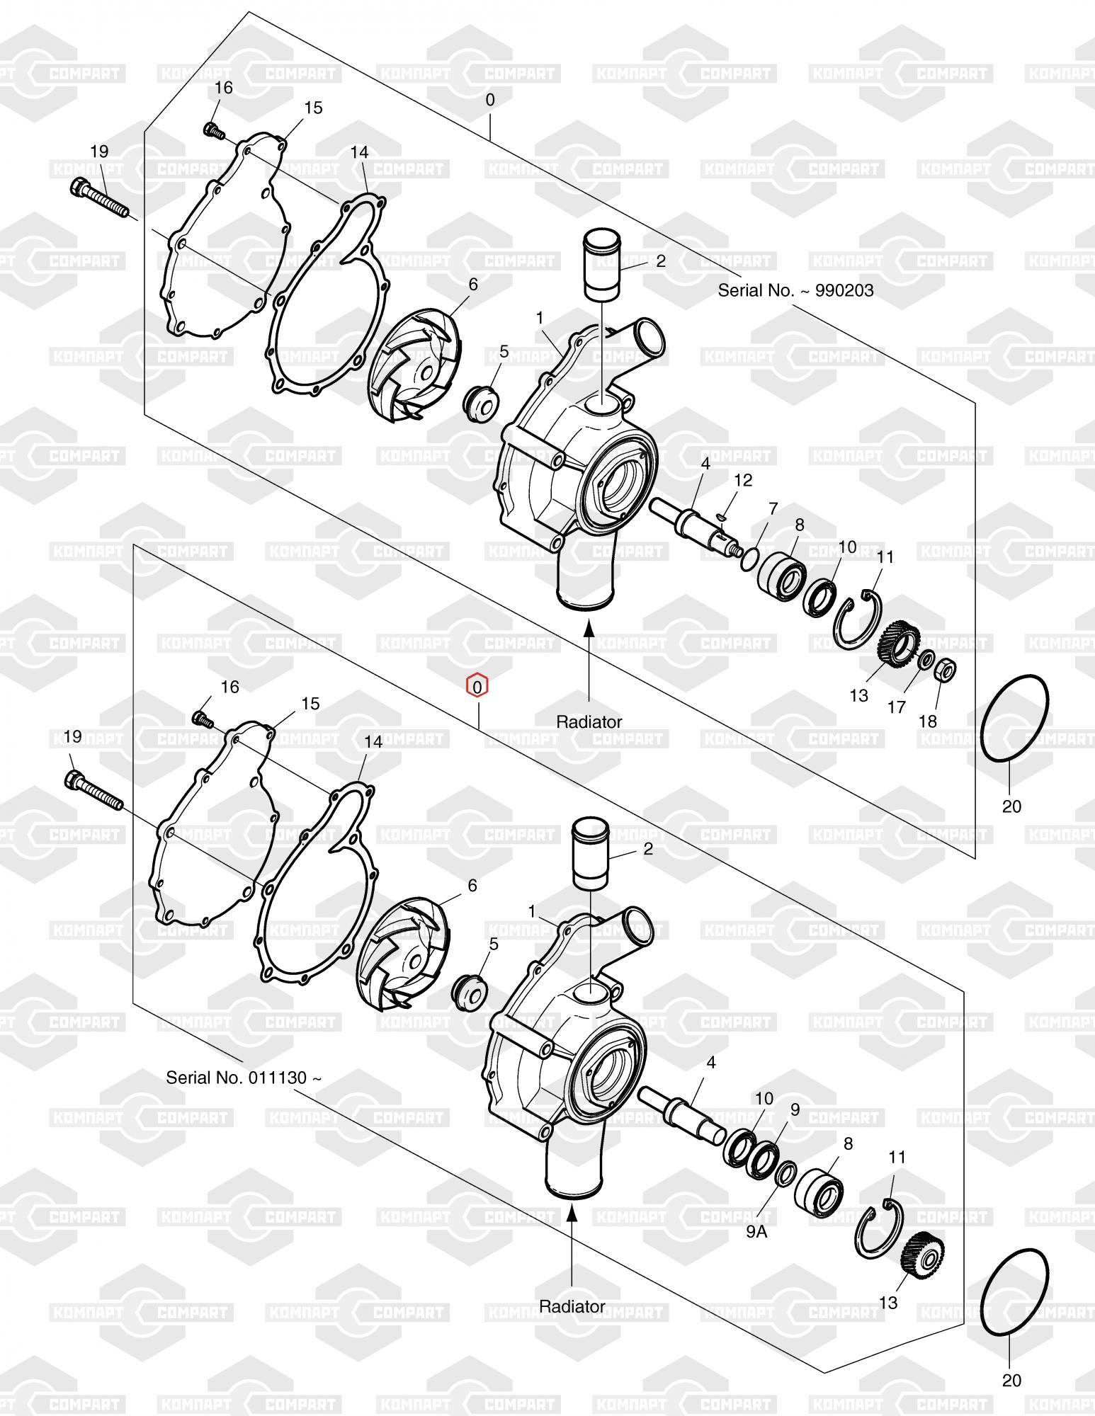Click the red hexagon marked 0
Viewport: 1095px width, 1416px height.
(477, 686)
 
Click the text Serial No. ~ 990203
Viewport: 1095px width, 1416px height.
(795, 290)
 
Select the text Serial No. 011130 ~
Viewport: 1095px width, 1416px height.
(244, 1078)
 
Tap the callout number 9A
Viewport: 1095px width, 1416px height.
(756, 1231)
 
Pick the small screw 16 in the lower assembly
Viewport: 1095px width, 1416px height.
(203, 720)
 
